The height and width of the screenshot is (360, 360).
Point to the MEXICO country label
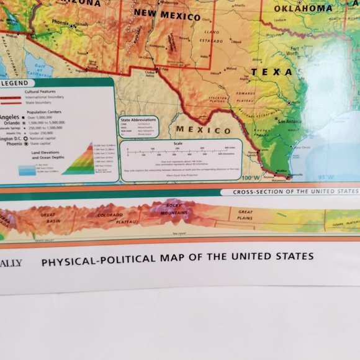pyautogui.click(x=203, y=129)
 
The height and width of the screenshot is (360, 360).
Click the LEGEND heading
pyautogui.click(x=17, y=83)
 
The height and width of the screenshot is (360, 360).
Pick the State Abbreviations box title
pyautogui.click(x=138, y=119)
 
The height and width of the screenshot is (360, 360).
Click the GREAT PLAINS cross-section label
pyautogui.click(x=245, y=215)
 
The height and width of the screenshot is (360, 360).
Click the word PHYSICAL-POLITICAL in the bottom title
pyautogui.click(x=92, y=256)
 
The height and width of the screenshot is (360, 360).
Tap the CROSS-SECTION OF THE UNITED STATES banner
pyautogui.click(x=295, y=192)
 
